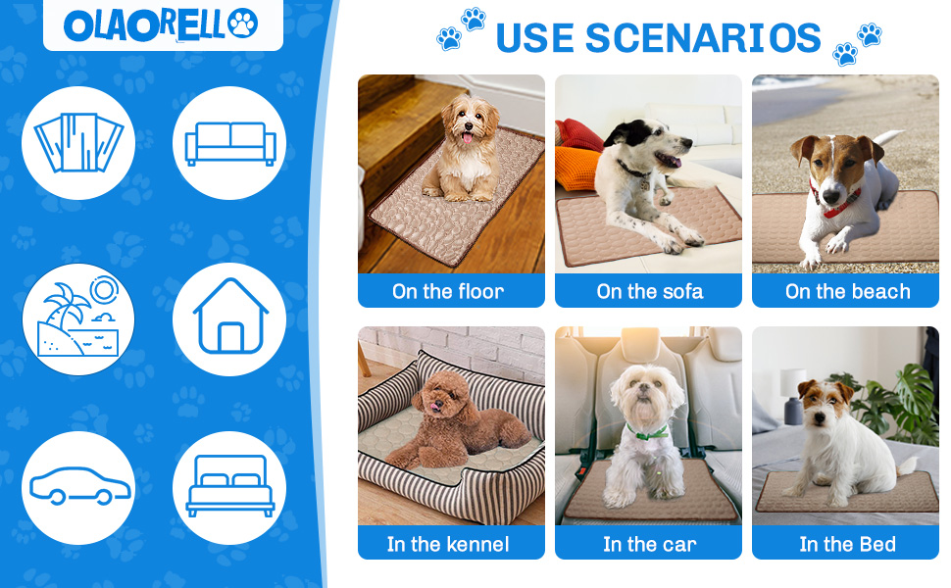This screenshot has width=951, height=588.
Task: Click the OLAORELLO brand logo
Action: (x=162, y=24)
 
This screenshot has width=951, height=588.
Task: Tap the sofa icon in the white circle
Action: (x=229, y=143)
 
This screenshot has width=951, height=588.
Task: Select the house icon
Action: (x=229, y=318)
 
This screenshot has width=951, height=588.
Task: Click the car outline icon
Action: (x=78, y=488)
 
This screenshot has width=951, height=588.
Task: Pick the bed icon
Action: (x=229, y=488)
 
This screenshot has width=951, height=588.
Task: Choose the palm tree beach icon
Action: (x=78, y=318)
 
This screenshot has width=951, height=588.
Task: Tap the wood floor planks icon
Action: (x=78, y=143)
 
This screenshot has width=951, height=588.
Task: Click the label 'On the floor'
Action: (x=448, y=291)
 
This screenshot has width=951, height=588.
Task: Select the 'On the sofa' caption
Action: (x=649, y=291)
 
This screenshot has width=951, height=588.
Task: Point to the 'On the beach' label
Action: (x=847, y=291)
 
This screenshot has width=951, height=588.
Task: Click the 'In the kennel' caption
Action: (x=448, y=544)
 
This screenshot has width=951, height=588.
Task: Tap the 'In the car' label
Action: (x=649, y=544)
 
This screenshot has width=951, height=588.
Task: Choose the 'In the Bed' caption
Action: (x=847, y=544)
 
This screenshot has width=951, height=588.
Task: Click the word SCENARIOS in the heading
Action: (x=703, y=38)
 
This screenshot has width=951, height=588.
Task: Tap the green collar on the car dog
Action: (x=647, y=431)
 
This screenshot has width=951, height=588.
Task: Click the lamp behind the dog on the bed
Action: (x=792, y=392)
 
